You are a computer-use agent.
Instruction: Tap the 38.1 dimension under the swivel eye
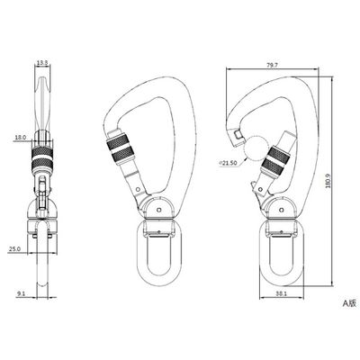282,294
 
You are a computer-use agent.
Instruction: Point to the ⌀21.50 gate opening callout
228,163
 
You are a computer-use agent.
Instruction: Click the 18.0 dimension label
21,138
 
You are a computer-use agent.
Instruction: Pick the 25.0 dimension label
14,249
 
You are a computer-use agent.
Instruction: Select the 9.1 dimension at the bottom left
21,294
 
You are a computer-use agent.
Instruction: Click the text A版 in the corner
349,303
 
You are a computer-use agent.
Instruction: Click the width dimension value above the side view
42,63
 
